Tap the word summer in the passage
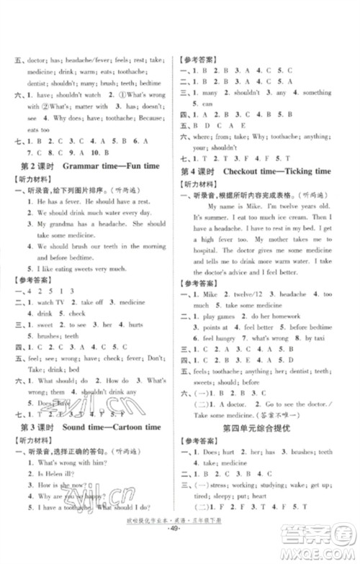(214, 216)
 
